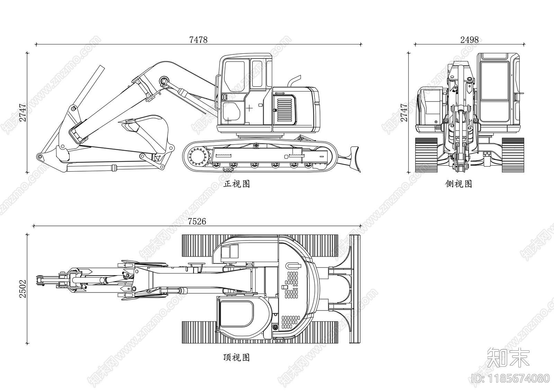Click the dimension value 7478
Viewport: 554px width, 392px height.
coord(198,40)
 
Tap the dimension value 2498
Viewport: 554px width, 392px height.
coord(470,40)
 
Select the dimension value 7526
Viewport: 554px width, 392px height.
coord(197,221)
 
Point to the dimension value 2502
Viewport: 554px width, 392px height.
coord(23,289)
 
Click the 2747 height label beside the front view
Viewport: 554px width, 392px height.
coord(23,112)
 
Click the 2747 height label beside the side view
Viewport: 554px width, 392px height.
coord(404,112)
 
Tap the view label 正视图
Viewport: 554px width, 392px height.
coord(236,184)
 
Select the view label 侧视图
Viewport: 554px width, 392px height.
coord(458,184)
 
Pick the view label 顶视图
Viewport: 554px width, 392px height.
coord(236,357)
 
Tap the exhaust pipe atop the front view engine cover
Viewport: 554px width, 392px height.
coord(293,81)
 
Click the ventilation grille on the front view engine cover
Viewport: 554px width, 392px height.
coord(285,111)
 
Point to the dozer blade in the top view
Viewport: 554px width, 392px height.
coord(355,289)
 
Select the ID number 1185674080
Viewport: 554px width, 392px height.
coord(511,378)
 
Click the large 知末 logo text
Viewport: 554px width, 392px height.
coord(508,358)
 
